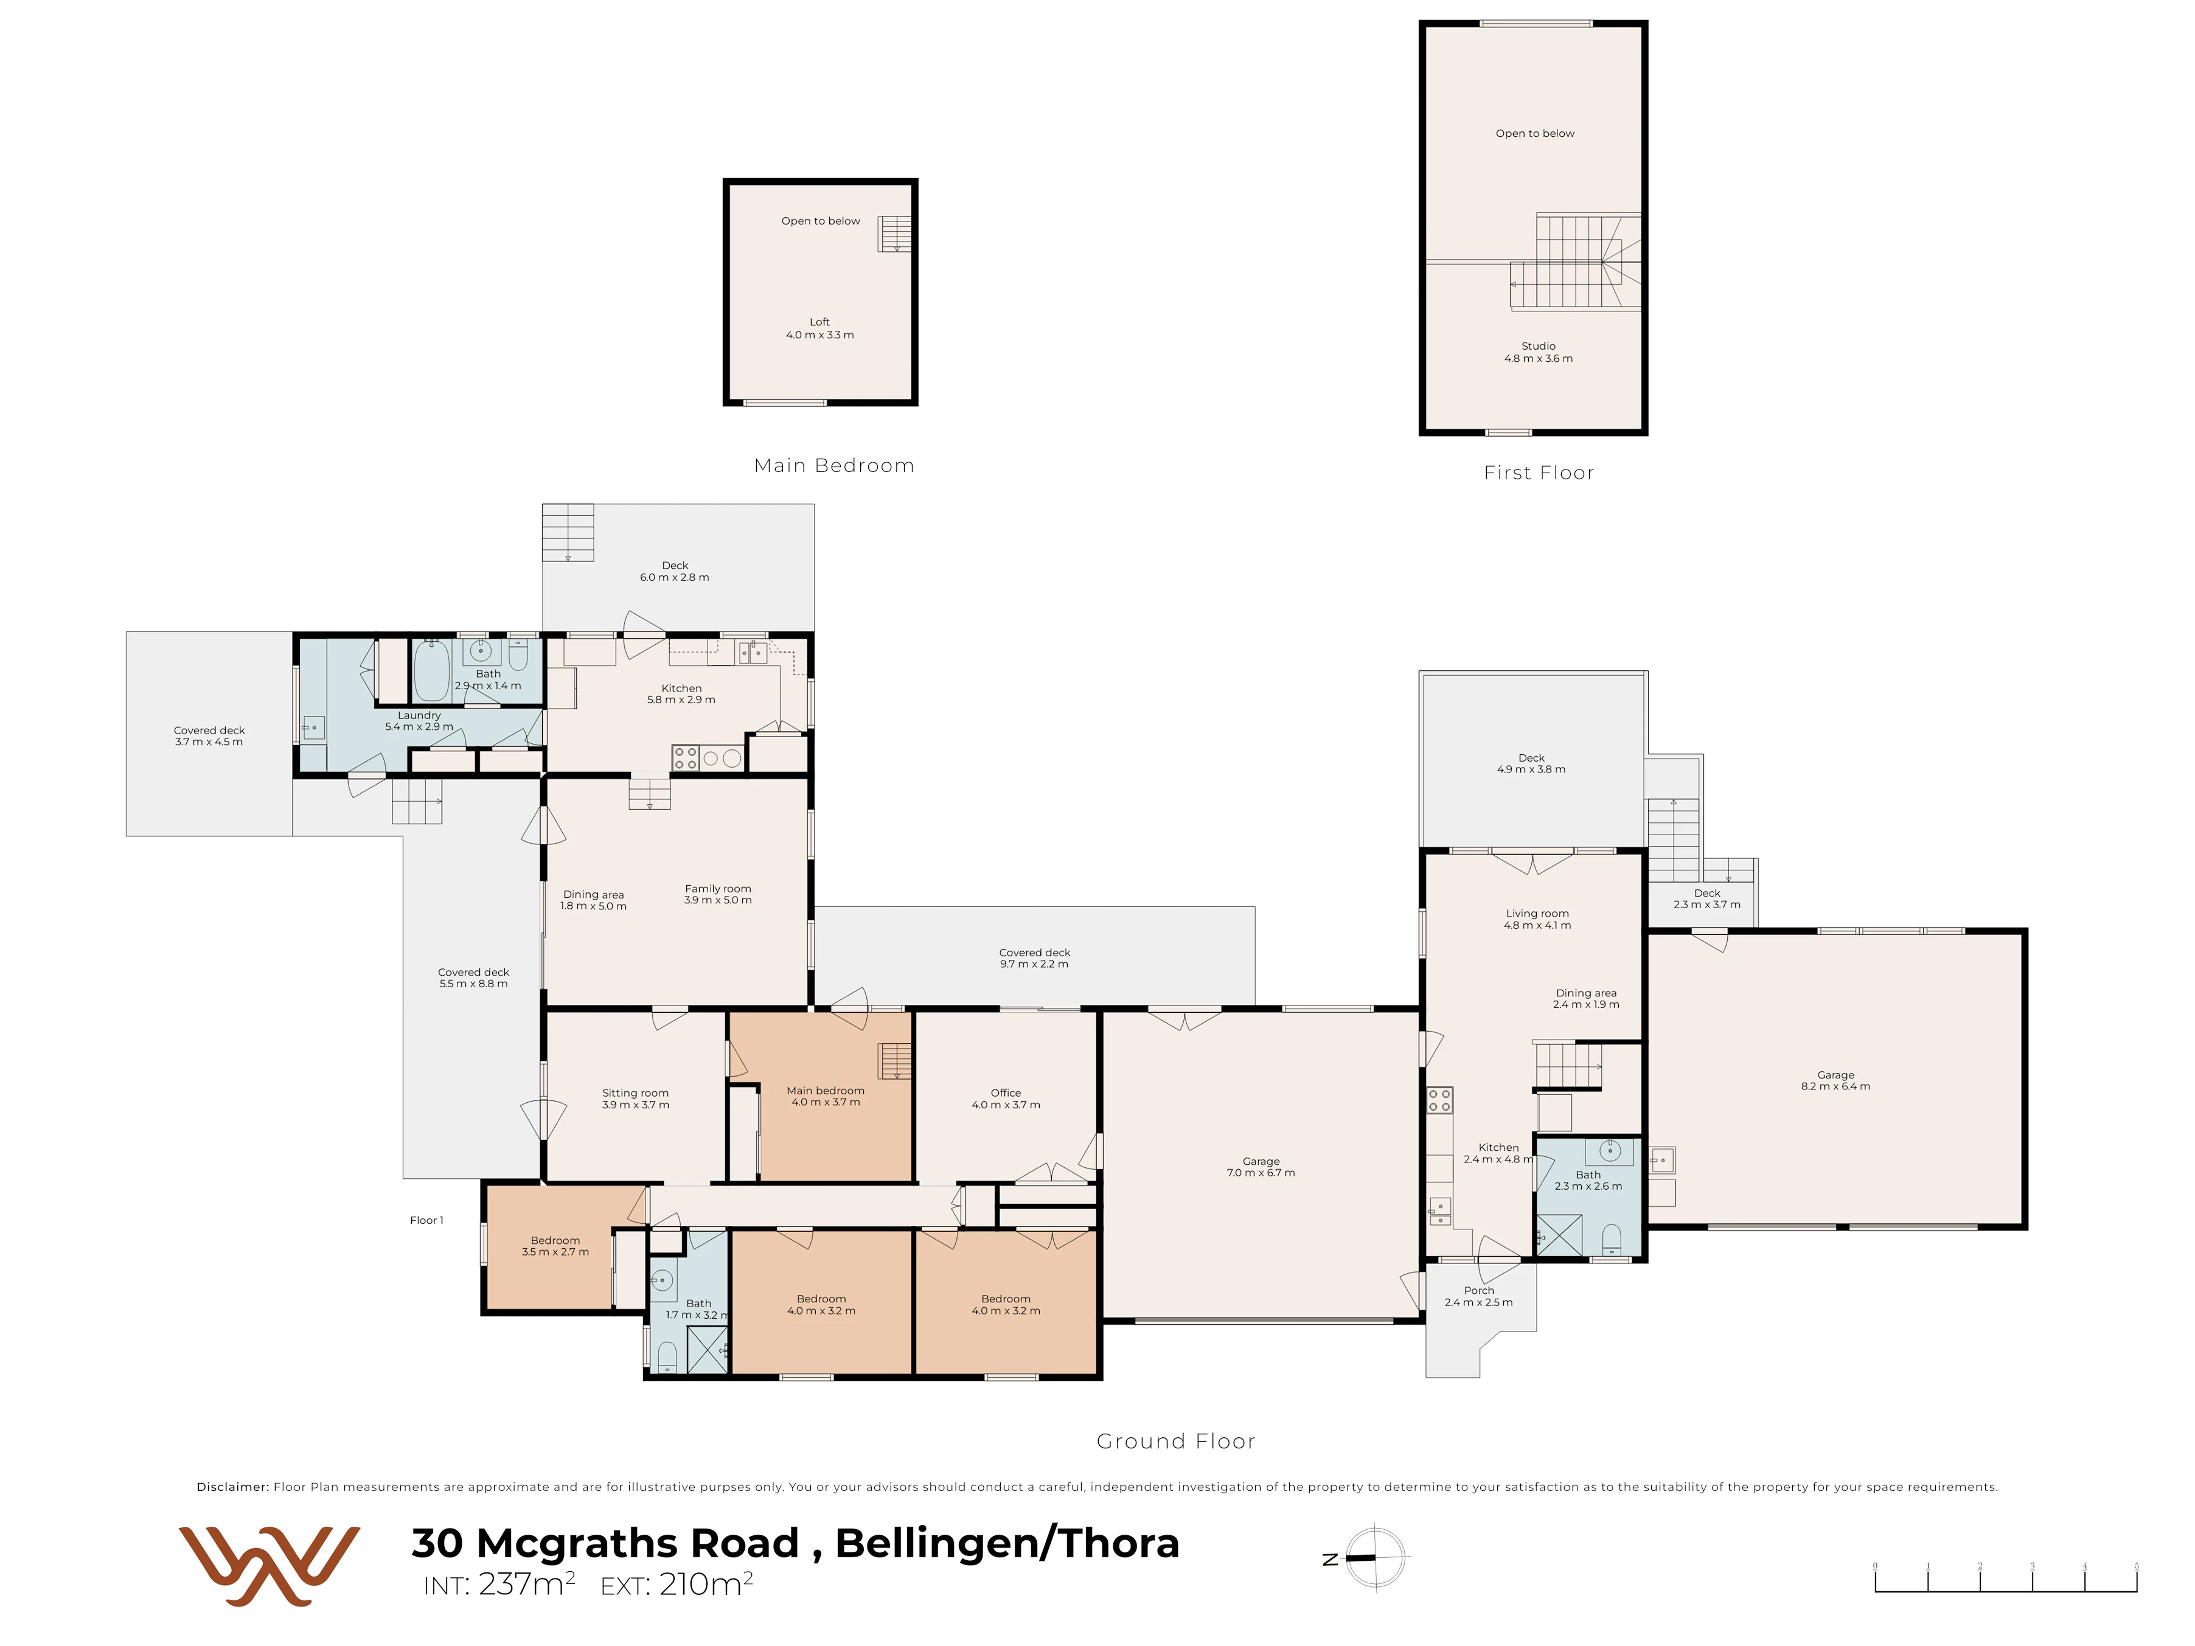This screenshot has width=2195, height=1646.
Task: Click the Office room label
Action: tap(1005, 1092)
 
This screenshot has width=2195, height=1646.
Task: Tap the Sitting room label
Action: tap(635, 1092)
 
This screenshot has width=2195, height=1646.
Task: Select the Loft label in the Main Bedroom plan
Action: tap(819, 321)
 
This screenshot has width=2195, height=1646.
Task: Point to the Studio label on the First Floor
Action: tap(1538, 346)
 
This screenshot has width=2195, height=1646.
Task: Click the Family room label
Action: tap(717, 889)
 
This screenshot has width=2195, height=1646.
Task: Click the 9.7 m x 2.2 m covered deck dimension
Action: tap(1034, 964)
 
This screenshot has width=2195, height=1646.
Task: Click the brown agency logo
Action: tap(269, 1566)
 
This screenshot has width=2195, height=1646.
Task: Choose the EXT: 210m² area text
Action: tap(677, 1583)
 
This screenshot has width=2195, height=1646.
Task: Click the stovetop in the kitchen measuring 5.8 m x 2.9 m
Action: tap(684, 758)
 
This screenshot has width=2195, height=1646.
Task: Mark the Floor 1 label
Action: tap(426, 1220)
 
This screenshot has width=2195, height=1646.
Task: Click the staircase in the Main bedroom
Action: tap(895, 1061)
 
